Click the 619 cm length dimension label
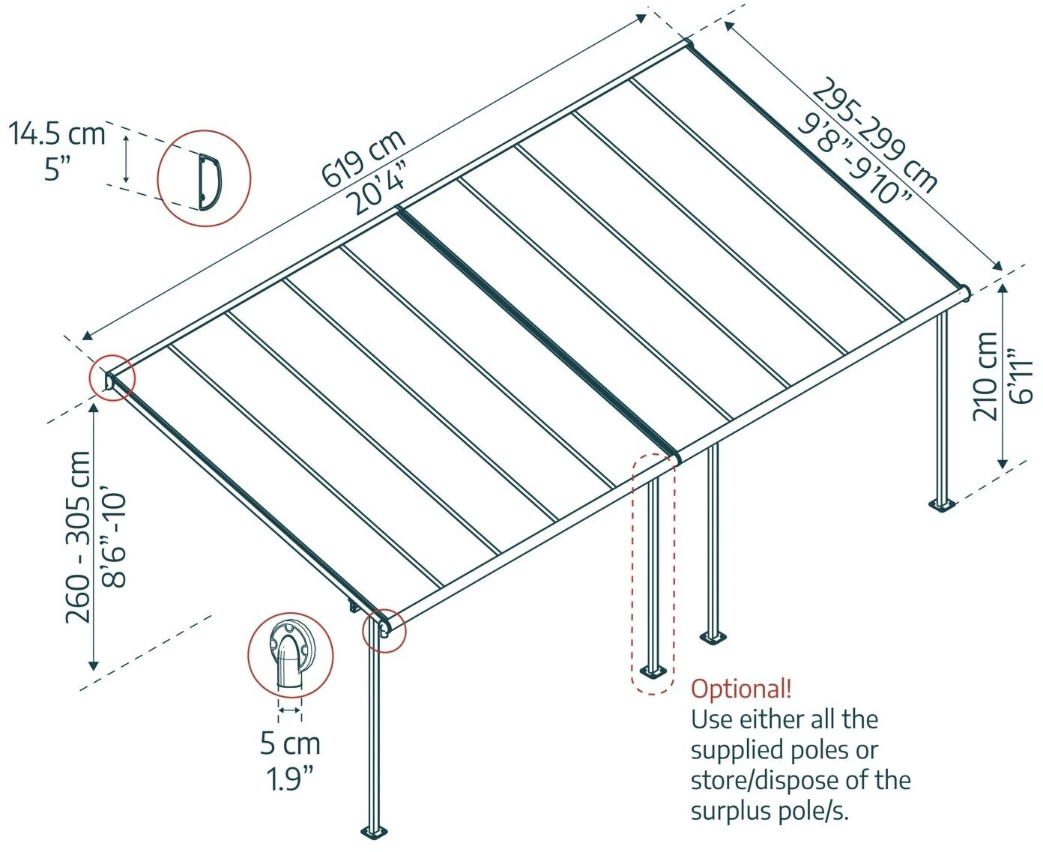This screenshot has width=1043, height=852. [x=363, y=158]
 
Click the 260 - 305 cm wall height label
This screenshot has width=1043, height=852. [x=78, y=537]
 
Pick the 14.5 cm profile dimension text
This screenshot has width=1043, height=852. [x=57, y=134]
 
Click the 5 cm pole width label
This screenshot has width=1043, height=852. [x=290, y=744]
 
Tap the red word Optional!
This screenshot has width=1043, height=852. [x=740, y=689]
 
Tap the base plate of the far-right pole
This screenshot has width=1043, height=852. [x=942, y=504]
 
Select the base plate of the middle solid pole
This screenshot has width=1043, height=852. [x=713, y=638]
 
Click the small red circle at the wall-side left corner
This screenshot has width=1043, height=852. [x=112, y=378]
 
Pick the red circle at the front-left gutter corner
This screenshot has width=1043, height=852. [x=384, y=629]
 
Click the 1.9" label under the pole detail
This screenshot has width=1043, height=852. [x=290, y=779]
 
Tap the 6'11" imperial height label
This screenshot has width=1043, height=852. [x=1021, y=376]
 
